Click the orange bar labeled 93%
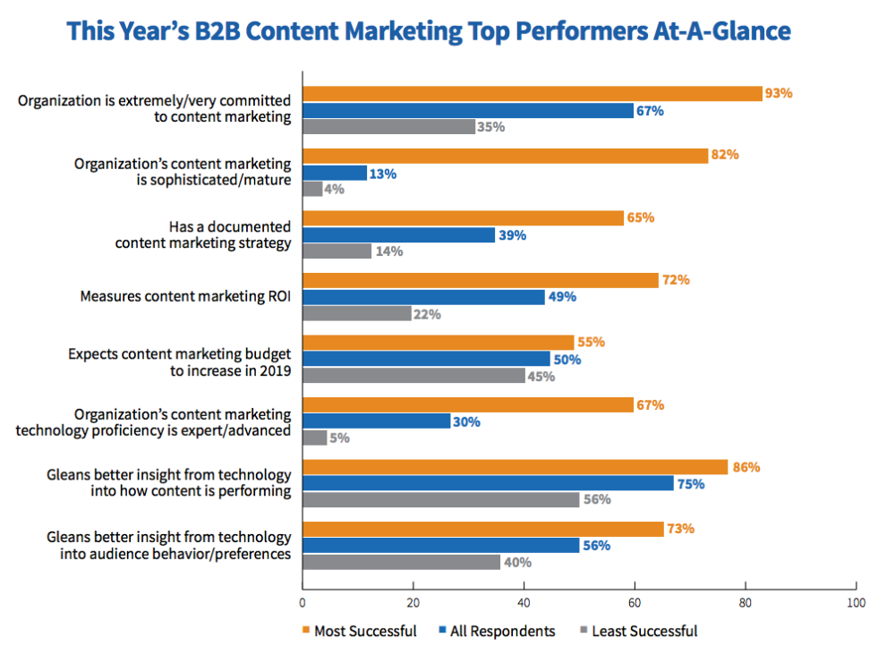(533, 93)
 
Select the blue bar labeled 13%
(335, 173)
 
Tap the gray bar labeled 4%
(312, 189)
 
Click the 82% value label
(725, 155)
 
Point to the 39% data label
(513, 235)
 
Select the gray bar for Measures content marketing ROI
(357, 314)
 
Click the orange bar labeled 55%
(438, 343)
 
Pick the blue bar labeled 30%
(376, 421)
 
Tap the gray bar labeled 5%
(314, 438)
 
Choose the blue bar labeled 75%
(488, 483)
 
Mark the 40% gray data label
(517, 563)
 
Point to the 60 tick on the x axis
(635, 603)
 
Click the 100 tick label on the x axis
(856, 603)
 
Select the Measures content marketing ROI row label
(186, 295)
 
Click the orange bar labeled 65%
(464, 218)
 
